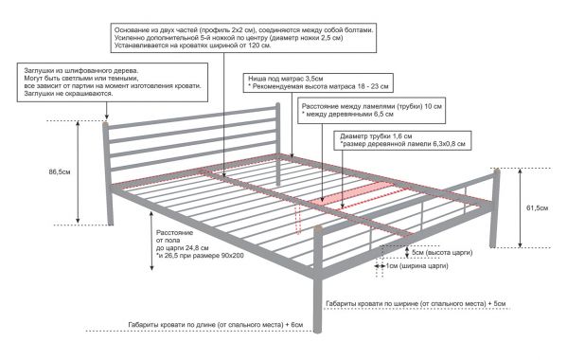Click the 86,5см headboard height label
click(60, 171)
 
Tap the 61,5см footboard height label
click(537, 207)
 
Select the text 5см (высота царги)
click(442, 252)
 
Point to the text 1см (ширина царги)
click(416, 266)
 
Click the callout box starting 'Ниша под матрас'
click(318, 82)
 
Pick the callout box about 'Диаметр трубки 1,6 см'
click(402, 140)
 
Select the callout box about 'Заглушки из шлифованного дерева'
click(113, 82)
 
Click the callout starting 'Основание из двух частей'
click(243, 38)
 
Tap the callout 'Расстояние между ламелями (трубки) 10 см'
click(371, 110)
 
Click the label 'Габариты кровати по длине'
click(216, 325)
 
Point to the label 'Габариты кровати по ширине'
click(416, 303)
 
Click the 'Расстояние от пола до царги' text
click(200, 244)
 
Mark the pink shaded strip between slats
click(352, 193)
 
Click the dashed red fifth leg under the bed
click(298, 220)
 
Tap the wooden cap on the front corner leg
click(317, 229)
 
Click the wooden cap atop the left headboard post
click(105, 124)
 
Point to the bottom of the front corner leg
click(317, 331)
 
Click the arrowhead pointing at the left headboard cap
click(106, 117)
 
